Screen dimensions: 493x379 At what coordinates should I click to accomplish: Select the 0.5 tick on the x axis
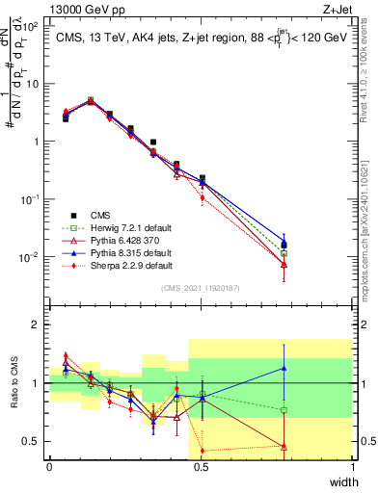pyautogui.click(x=201, y=467)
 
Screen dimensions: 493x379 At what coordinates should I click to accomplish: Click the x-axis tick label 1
pyautogui.click(x=352, y=467)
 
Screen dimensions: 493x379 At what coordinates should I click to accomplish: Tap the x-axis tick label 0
pyautogui.click(x=49, y=467)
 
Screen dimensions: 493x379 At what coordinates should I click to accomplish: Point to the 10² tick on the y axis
pyautogui.click(x=34, y=26)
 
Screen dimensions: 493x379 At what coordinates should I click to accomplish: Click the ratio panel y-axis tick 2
pyautogui.click(x=37, y=325)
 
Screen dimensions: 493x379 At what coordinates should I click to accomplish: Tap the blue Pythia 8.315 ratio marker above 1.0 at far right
pyautogui.click(x=284, y=367)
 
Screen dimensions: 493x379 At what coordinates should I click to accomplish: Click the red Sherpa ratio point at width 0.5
pyautogui.click(x=202, y=451)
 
